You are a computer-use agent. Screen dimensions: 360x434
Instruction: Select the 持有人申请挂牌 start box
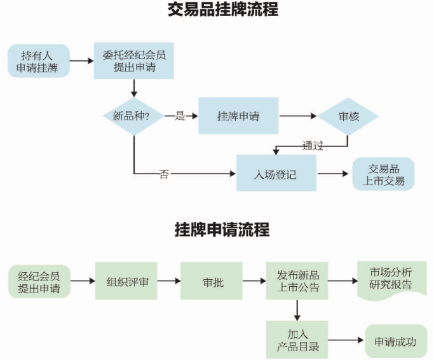pos(39,61)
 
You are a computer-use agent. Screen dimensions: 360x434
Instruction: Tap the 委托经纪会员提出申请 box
pos(133,61)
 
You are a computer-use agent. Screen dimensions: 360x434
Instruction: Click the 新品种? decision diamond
pos(133,116)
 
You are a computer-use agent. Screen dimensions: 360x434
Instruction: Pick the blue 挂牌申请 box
pos(238,116)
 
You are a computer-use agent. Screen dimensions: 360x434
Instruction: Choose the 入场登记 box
pos(276,173)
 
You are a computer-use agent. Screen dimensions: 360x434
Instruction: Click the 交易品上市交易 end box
pos(383,174)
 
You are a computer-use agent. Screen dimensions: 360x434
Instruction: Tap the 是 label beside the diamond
pos(179,116)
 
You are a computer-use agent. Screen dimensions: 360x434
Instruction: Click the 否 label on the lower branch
pos(164,174)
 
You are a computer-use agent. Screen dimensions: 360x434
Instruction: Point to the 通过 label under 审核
pos(313,146)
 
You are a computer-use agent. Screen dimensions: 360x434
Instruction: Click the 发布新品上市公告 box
pos(297,281)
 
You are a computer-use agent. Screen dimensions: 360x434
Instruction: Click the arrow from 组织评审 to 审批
pos(169,281)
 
